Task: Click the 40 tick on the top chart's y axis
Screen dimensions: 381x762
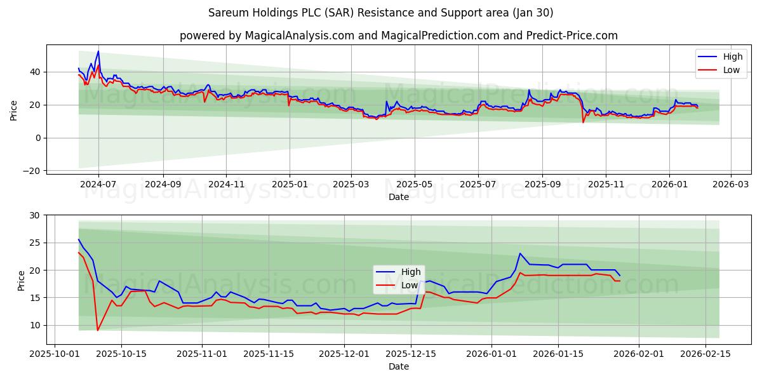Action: pyautogui.click(x=35, y=72)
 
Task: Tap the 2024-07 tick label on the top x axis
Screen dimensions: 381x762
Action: pyautogui.click(x=98, y=185)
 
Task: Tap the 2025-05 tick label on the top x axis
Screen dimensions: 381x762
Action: pyautogui.click(x=415, y=185)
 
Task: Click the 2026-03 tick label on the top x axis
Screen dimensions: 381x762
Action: pyautogui.click(x=730, y=185)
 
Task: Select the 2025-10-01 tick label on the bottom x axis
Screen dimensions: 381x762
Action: pyautogui.click(x=55, y=354)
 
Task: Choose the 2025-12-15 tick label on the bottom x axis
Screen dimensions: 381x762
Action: pyautogui.click(x=410, y=354)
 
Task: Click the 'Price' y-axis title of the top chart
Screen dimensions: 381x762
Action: pyautogui.click(x=14, y=109)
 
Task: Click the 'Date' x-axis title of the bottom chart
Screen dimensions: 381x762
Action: pyautogui.click(x=399, y=366)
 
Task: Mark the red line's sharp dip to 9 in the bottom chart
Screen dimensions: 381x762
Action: pyautogui.click(x=97, y=330)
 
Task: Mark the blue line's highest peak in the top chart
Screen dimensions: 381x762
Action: pyautogui.click(x=98, y=51)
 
